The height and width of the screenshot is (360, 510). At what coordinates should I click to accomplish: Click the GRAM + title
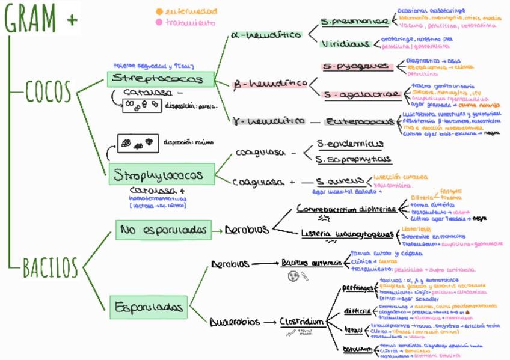(x=41, y=18)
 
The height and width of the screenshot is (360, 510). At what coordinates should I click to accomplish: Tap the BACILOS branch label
(x=51, y=267)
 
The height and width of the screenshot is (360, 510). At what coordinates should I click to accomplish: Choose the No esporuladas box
(x=163, y=230)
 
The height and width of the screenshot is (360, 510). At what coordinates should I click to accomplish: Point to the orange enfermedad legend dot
(x=159, y=11)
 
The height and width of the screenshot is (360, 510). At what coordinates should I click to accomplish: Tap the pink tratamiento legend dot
(x=159, y=23)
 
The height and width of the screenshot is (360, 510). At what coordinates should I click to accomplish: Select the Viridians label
(x=345, y=44)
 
